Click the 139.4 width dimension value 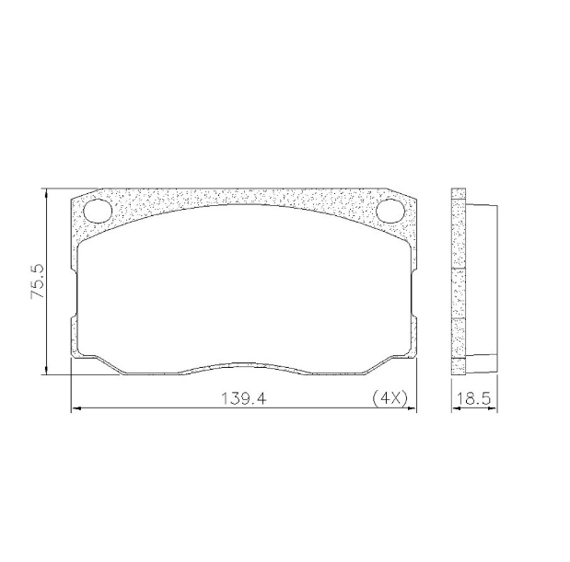click(x=244, y=399)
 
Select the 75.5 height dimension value click(x=37, y=281)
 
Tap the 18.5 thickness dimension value click(x=473, y=399)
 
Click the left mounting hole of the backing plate click(x=99, y=211)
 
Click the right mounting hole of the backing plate click(x=390, y=211)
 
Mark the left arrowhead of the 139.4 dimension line click(x=76, y=408)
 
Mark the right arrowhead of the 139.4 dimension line click(x=412, y=408)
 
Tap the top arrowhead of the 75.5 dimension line click(x=46, y=193)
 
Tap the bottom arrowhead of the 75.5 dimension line click(x=46, y=370)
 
